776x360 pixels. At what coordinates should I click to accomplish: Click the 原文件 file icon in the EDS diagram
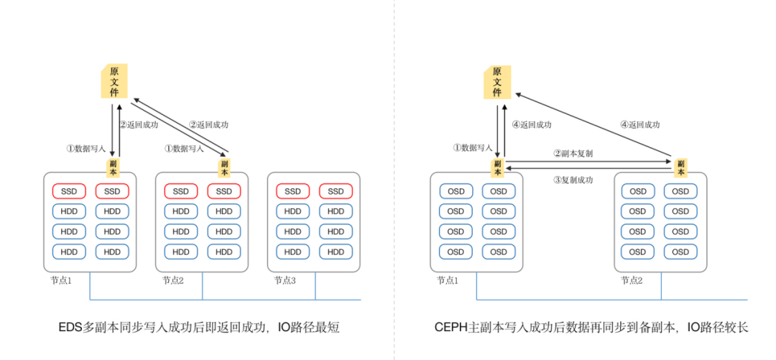pyautogui.click(x=114, y=82)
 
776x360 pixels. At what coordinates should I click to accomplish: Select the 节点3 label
pyautogui.click(x=285, y=280)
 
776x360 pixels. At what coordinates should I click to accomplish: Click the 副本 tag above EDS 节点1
pyautogui.click(x=114, y=167)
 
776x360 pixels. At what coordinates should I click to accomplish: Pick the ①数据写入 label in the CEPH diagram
pyautogui.click(x=472, y=148)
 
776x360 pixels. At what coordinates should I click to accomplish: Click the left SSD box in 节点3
pyautogui.click(x=292, y=191)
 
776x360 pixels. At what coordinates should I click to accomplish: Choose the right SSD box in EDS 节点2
pyautogui.click(x=224, y=191)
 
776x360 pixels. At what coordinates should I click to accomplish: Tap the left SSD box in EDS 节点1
pyautogui.click(x=69, y=191)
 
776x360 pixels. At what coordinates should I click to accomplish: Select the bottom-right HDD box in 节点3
pyautogui.click(x=336, y=252)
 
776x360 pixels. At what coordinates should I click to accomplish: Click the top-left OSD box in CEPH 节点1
pyautogui.click(x=456, y=191)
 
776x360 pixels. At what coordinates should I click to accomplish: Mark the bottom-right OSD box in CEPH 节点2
pyautogui.click(x=680, y=252)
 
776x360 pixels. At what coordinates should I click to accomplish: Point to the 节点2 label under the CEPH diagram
pyautogui.click(x=632, y=280)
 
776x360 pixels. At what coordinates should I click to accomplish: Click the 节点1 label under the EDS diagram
pyautogui.click(x=61, y=280)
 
